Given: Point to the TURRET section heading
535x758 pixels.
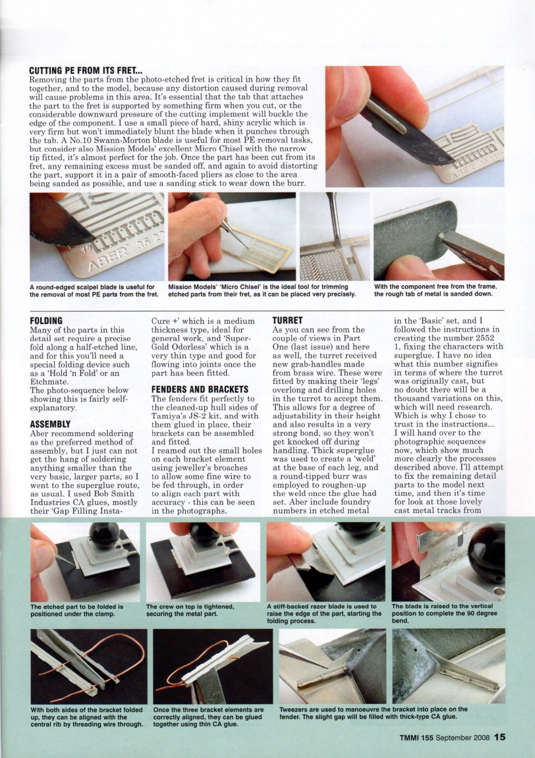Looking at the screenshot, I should (x=287, y=320).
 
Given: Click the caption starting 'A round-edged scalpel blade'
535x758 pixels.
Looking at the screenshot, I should (x=94, y=290).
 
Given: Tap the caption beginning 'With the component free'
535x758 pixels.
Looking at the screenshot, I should (x=436, y=290).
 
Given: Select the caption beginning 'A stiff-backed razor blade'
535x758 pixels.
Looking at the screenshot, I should (x=324, y=613).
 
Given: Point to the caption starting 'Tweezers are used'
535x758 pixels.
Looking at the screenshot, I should (x=374, y=713).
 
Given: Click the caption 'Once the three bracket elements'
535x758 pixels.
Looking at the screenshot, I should (x=208, y=716).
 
